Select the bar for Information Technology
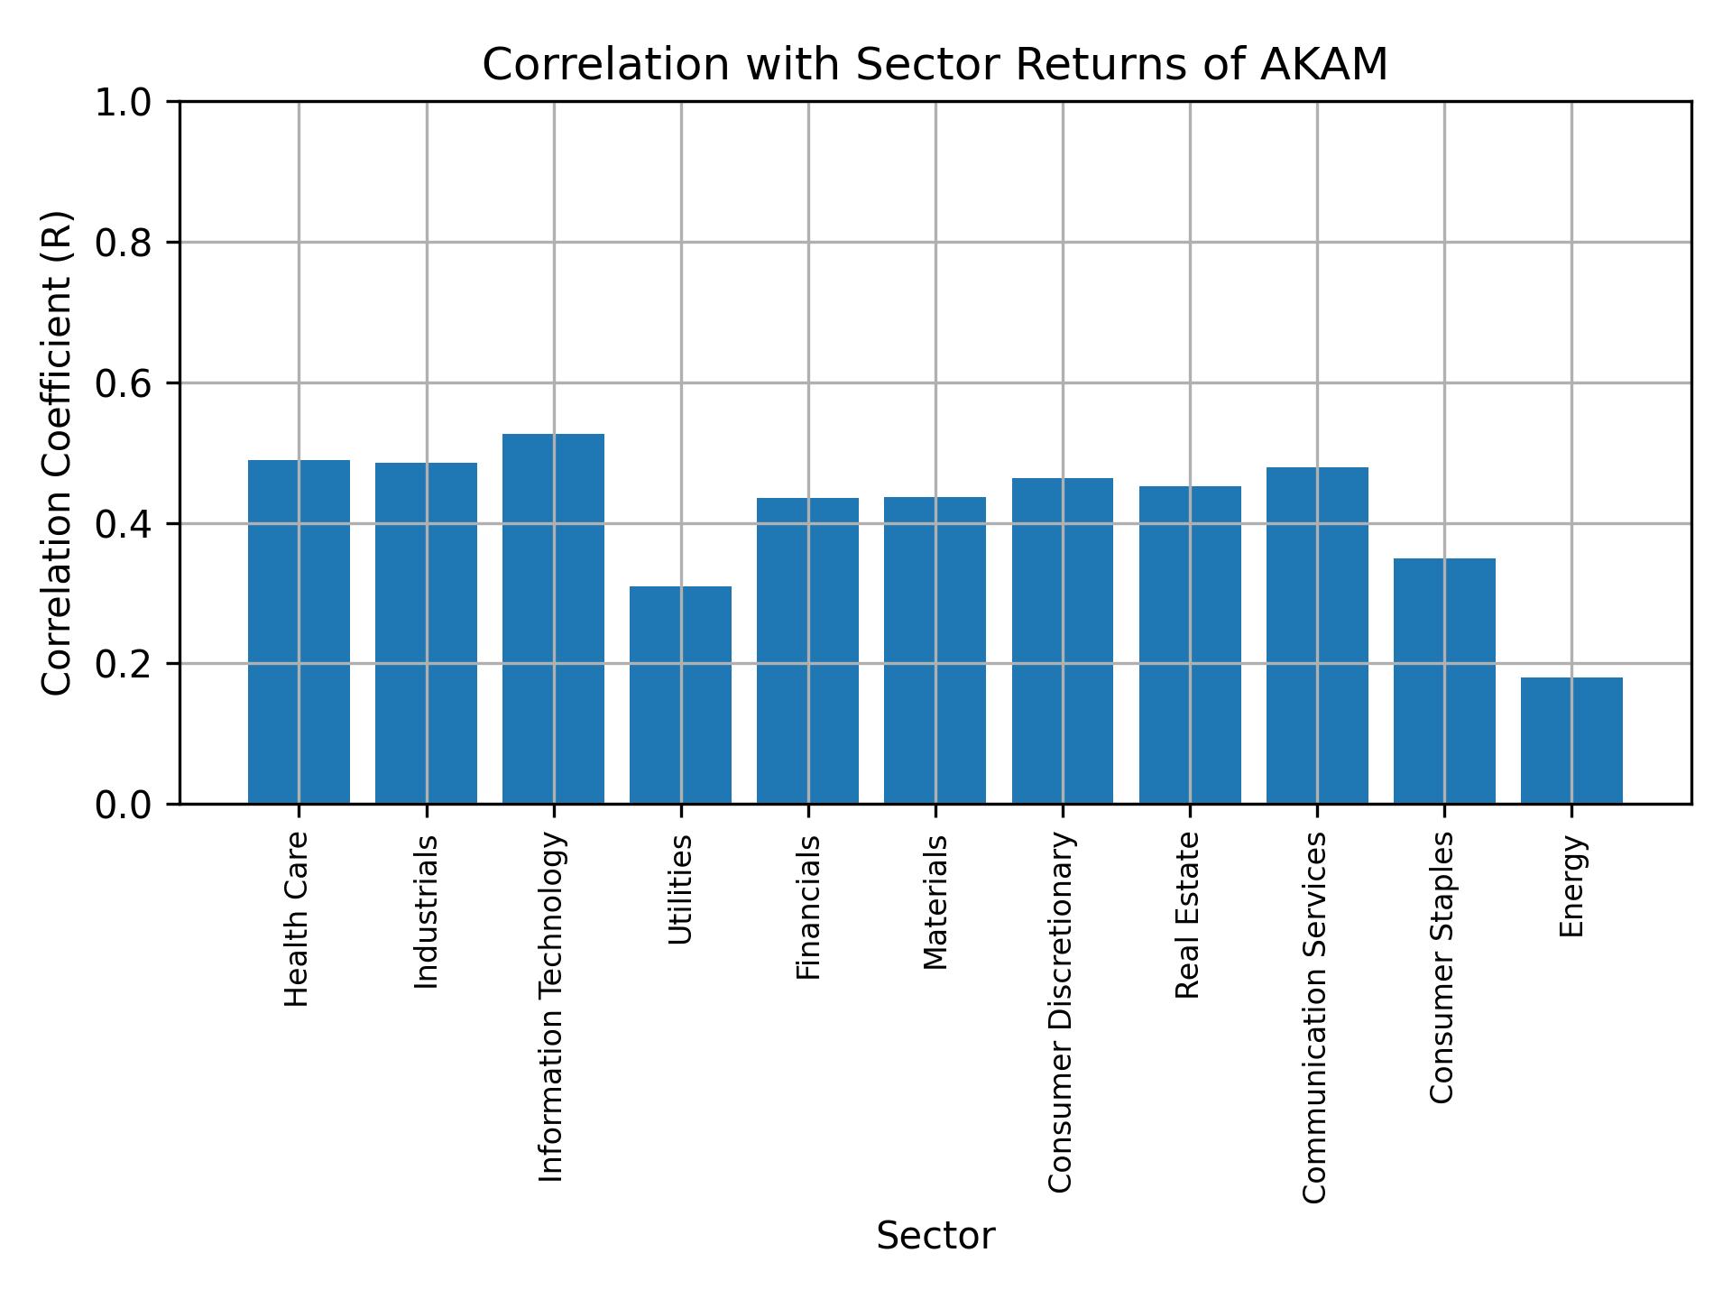click(553, 619)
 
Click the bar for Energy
click(1571, 741)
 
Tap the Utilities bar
click(680, 695)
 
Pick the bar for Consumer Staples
click(1444, 681)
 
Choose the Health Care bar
click(299, 631)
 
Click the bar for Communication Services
click(1317, 635)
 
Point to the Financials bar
click(807, 650)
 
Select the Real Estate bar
click(1190, 645)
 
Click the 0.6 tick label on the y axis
click(124, 383)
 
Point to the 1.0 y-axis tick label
click(124, 103)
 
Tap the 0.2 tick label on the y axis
click(124, 664)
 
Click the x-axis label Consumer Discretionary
click(1062, 1012)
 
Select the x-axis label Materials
click(935, 902)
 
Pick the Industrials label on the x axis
click(426, 911)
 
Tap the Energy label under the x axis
click(1571, 886)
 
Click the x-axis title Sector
click(935, 1236)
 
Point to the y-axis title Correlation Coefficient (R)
click(57, 453)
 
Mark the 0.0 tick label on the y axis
click(124, 805)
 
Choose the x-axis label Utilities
click(680, 889)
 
